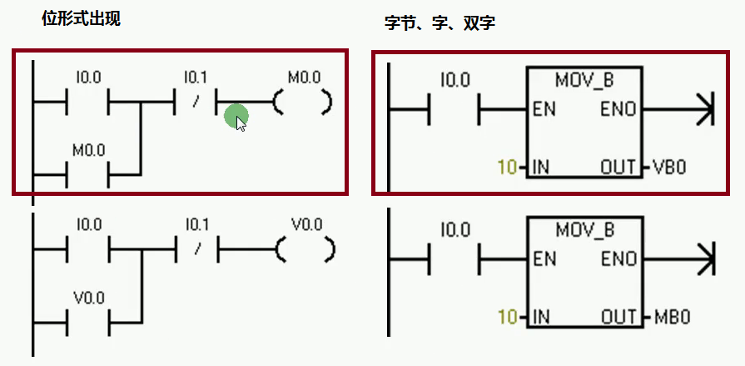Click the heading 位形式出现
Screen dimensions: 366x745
tap(81, 18)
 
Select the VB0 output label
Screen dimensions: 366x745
tap(669, 168)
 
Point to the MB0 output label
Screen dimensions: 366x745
tap(672, 318)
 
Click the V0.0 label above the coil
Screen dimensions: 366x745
tap(307, 226)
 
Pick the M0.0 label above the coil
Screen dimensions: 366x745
tap(304, 78)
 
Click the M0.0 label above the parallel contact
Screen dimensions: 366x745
tap(88, 151)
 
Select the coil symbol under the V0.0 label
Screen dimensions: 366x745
tap(305, 249)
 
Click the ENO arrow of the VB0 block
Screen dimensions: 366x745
tap(703, 109)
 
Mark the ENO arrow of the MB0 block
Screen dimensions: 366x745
tap(703, 259)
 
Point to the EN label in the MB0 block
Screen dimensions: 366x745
tap(544, 259)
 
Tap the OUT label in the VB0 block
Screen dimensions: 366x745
tap(618, 168)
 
